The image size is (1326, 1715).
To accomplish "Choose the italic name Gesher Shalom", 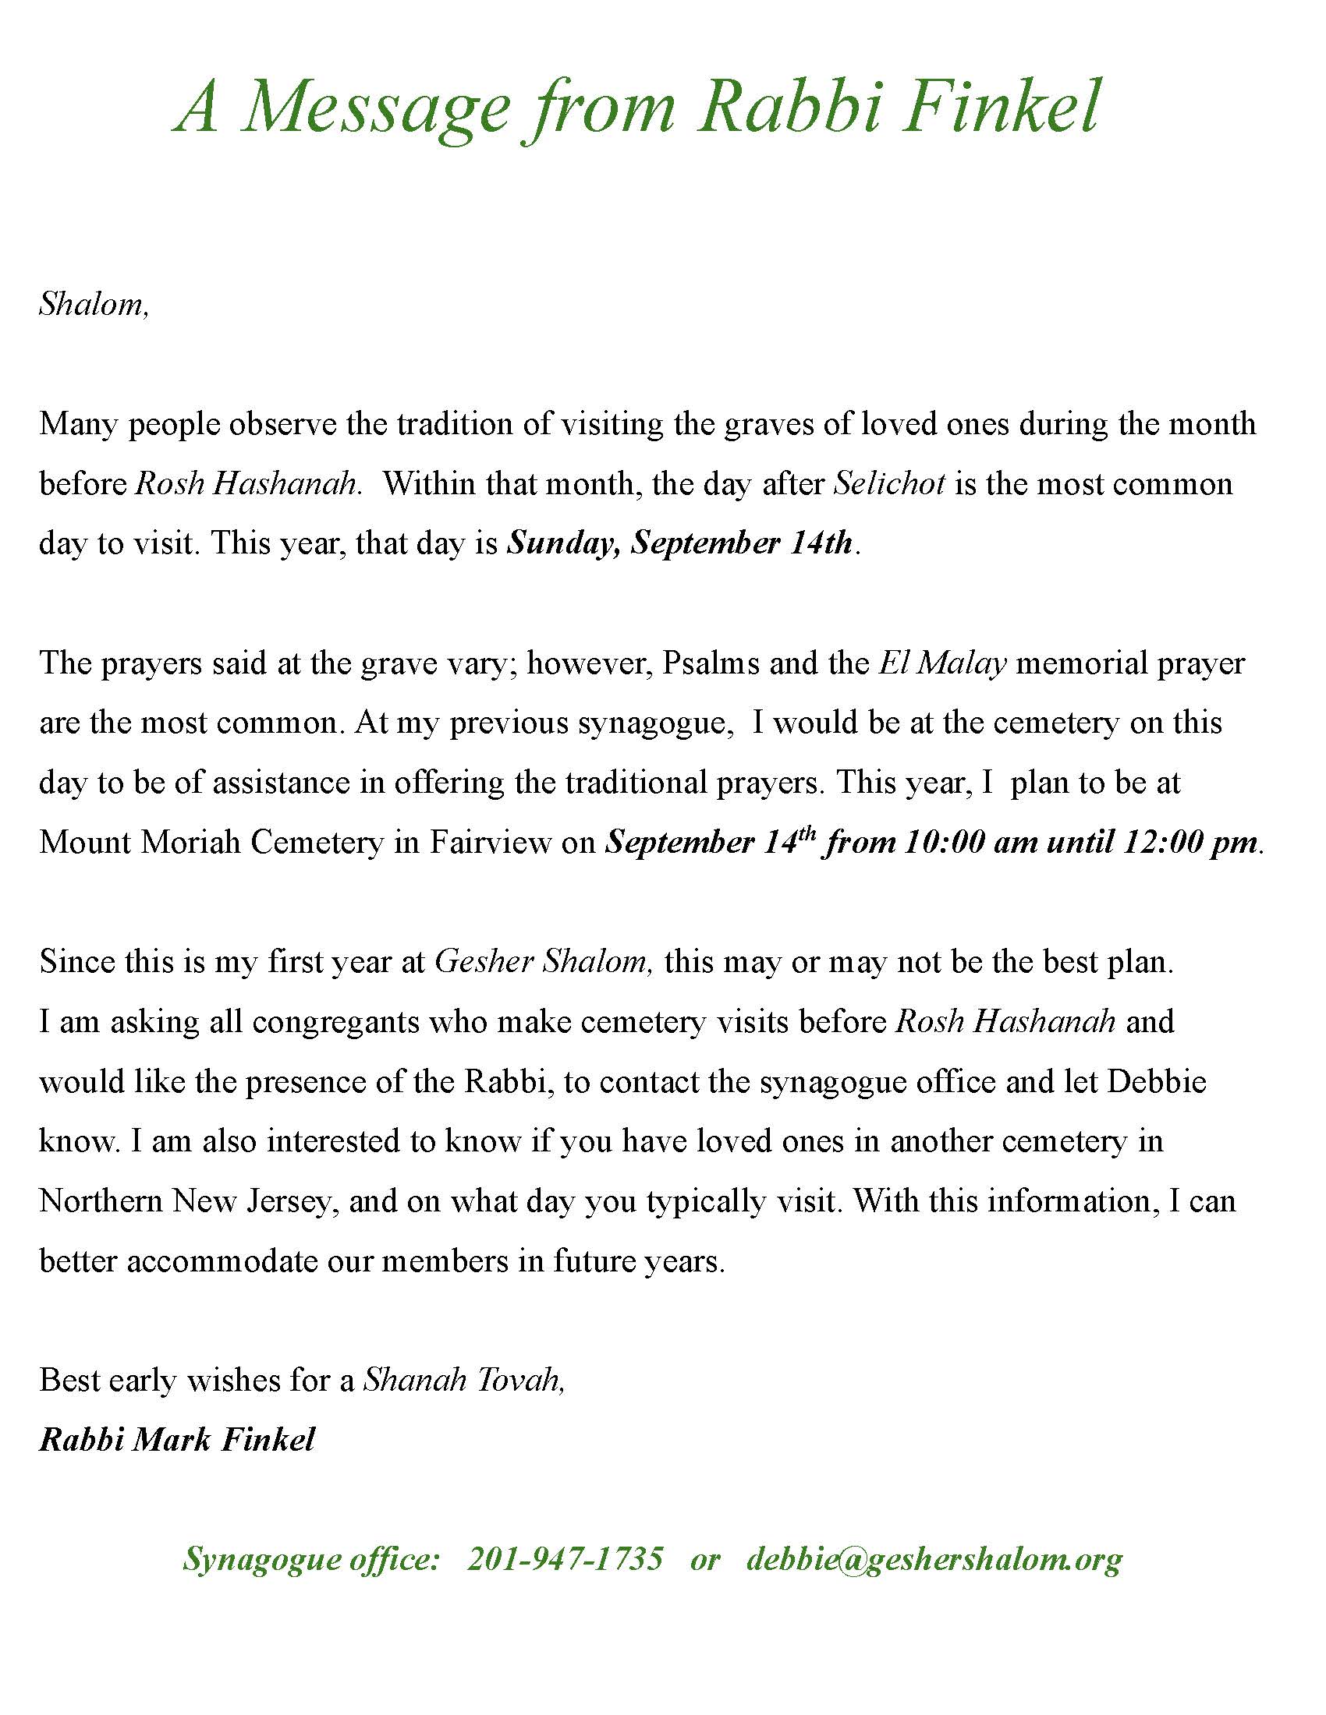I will coord(542,962).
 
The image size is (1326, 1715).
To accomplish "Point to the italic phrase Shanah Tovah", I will coord(463,1381).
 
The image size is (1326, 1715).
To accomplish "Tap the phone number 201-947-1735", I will coord(565,1559).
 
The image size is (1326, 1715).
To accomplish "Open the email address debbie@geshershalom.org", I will coord(934,1559).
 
